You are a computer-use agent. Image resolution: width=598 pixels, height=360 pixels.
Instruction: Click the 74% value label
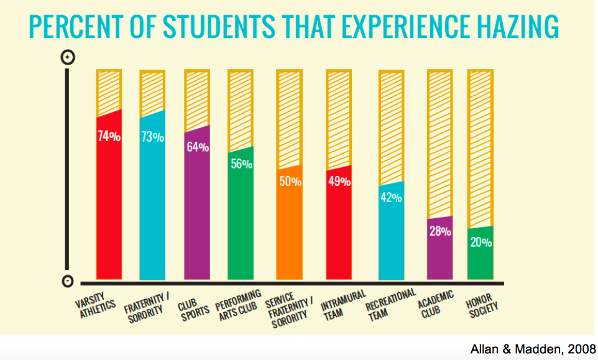[x=109, y=137]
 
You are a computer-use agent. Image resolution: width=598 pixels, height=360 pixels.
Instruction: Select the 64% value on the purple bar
[x=197, y=148]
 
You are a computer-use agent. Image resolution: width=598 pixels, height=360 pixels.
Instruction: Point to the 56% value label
[x=241, y=164]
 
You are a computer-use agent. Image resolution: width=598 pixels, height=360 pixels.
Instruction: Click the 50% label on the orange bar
[x=290, y=182]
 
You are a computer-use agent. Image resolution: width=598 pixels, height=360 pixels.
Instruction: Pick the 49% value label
[x=339, y=182]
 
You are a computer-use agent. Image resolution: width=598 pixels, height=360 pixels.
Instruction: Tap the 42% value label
[x=391, y=198]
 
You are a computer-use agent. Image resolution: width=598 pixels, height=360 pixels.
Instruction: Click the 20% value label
[x=481, y=242]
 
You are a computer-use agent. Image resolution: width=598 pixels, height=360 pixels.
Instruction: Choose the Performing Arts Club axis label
[x=238, y=303]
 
